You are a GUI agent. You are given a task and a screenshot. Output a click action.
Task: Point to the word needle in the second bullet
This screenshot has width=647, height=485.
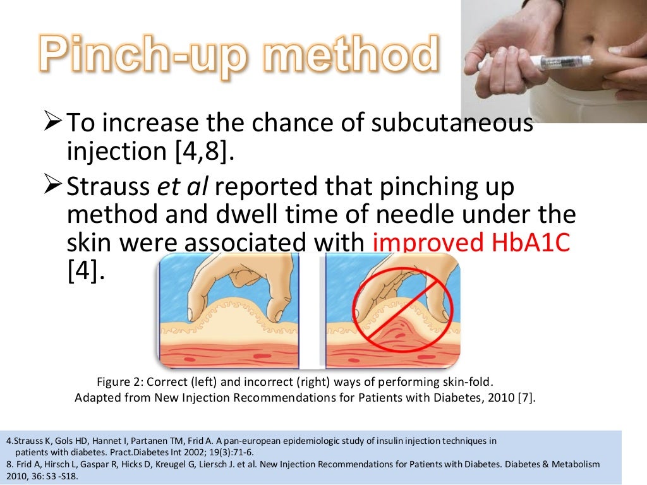click(x=398, y=215)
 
